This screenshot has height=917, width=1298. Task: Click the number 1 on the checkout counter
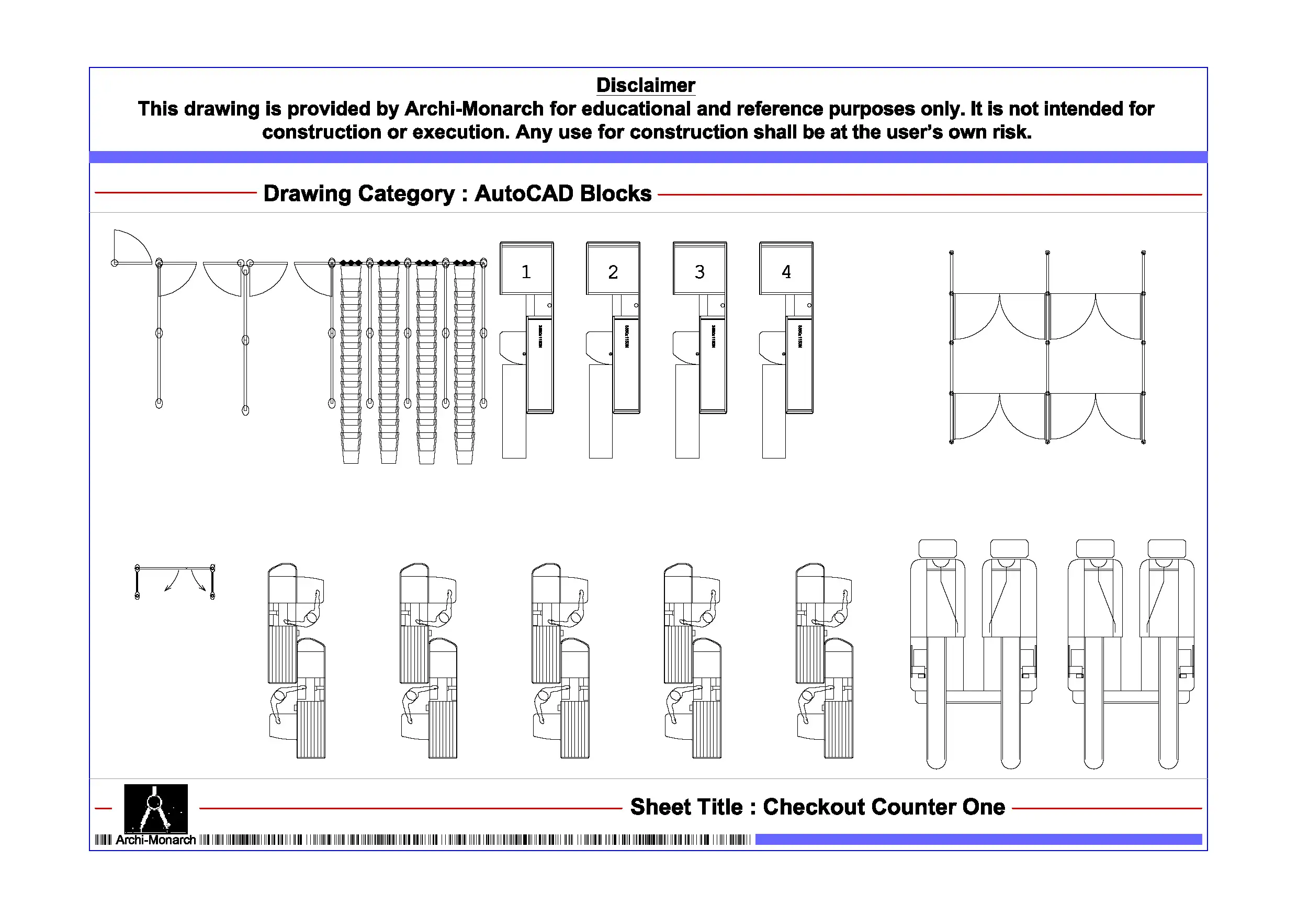click(526, 272)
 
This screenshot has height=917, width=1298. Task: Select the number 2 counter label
click(613, 272)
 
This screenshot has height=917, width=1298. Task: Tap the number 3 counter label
click(699, 272)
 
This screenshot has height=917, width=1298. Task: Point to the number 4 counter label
click(786, 272)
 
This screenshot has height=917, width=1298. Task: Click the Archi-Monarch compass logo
click(155, 808)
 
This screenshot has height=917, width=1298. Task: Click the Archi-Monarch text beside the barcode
click(155, 840)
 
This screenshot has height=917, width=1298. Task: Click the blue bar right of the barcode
click(978, 840)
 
